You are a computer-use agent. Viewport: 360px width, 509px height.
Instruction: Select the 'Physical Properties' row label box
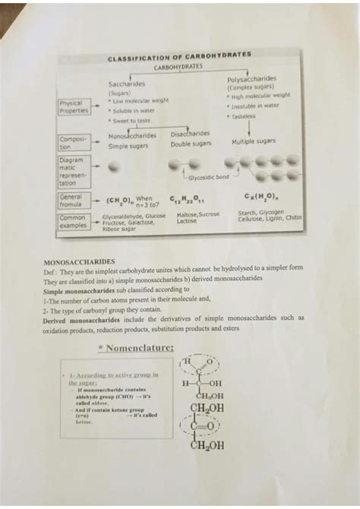74,106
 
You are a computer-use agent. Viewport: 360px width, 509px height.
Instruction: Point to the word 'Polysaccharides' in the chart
251,79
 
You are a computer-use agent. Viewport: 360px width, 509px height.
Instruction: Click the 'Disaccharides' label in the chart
189,133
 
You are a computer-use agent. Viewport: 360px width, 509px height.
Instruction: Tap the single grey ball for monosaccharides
113,166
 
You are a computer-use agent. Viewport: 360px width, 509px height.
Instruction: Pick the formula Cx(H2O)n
260,199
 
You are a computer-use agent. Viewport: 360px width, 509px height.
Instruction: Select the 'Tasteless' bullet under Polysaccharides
244,116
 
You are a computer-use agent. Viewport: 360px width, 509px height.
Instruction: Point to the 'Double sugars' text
191,144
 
